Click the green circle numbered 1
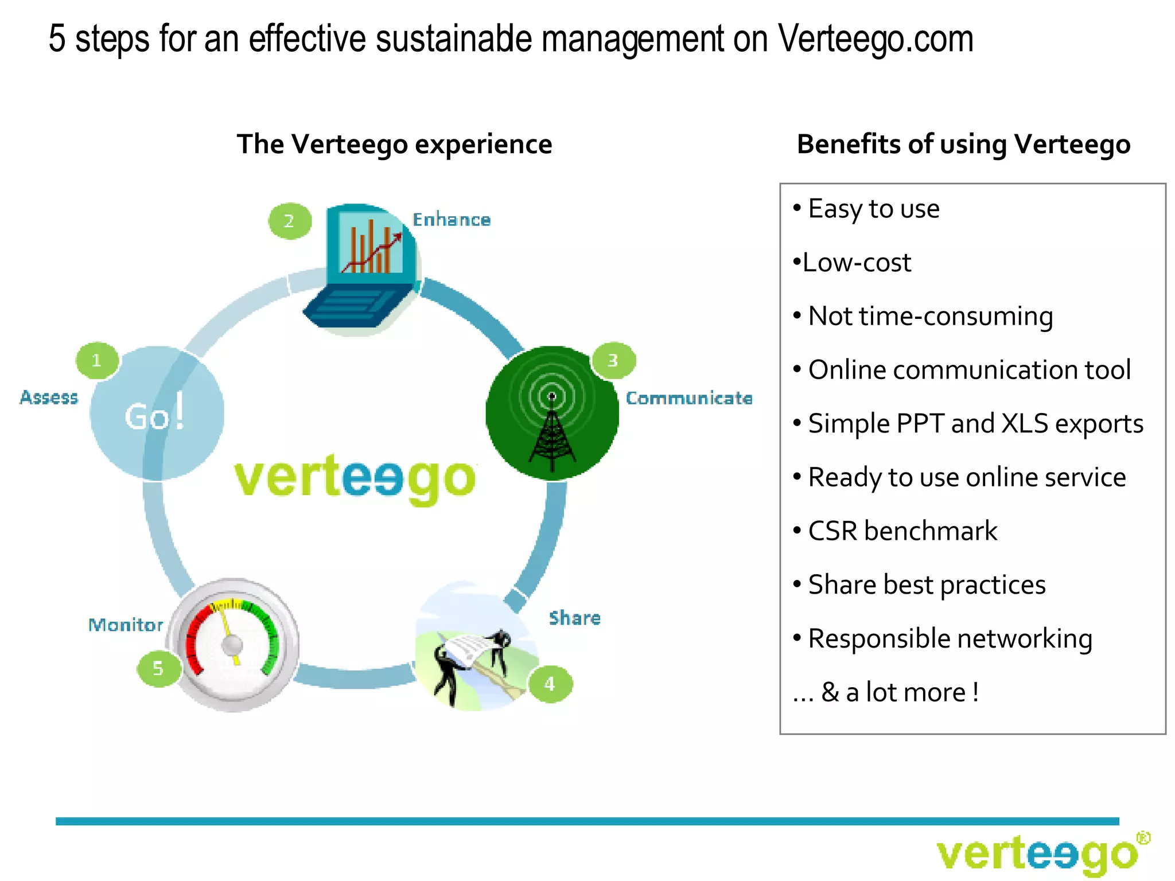[97, 361]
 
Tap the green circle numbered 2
[290, 221]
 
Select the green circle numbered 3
[613, 361]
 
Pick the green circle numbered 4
[550, 684]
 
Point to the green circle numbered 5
[158, 668]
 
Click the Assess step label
[49, 397]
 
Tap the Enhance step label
[452, 220]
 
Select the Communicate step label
[688, 398]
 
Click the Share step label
[574, 618]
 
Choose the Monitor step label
[126, 625]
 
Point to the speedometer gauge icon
[234, 645]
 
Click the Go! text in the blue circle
[155, 414]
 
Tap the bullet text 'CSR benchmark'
[902, 531]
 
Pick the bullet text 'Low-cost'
[857, 263]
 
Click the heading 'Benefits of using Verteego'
[963, 144]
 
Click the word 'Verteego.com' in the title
[876, 39]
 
